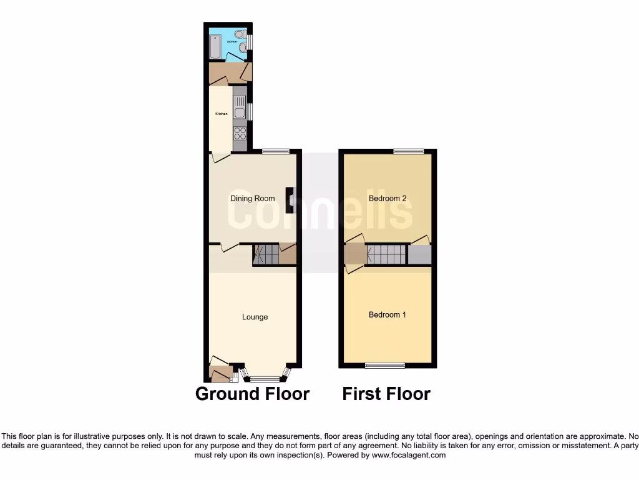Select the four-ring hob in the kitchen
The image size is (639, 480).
coord(240,133)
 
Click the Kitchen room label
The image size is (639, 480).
coord(221,114)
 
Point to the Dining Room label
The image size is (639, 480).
coord(253,199)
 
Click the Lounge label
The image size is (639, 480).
coord(255,317)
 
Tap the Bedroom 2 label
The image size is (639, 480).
coord(388,199)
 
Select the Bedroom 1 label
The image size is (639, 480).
coord(387,314)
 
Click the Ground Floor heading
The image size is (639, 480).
coord(252,394)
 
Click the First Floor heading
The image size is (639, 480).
coord(386,394)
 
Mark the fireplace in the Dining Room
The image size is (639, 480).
coord(290,199)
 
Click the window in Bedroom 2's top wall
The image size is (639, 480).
coord(409,151)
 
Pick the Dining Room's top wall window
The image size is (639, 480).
coord(275,151)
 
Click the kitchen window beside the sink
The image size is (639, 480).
coord(250,111)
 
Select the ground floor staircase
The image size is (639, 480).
coord(266,254)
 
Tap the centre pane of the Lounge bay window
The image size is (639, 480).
coord(265,378)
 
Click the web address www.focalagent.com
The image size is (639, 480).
coord(409,456)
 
